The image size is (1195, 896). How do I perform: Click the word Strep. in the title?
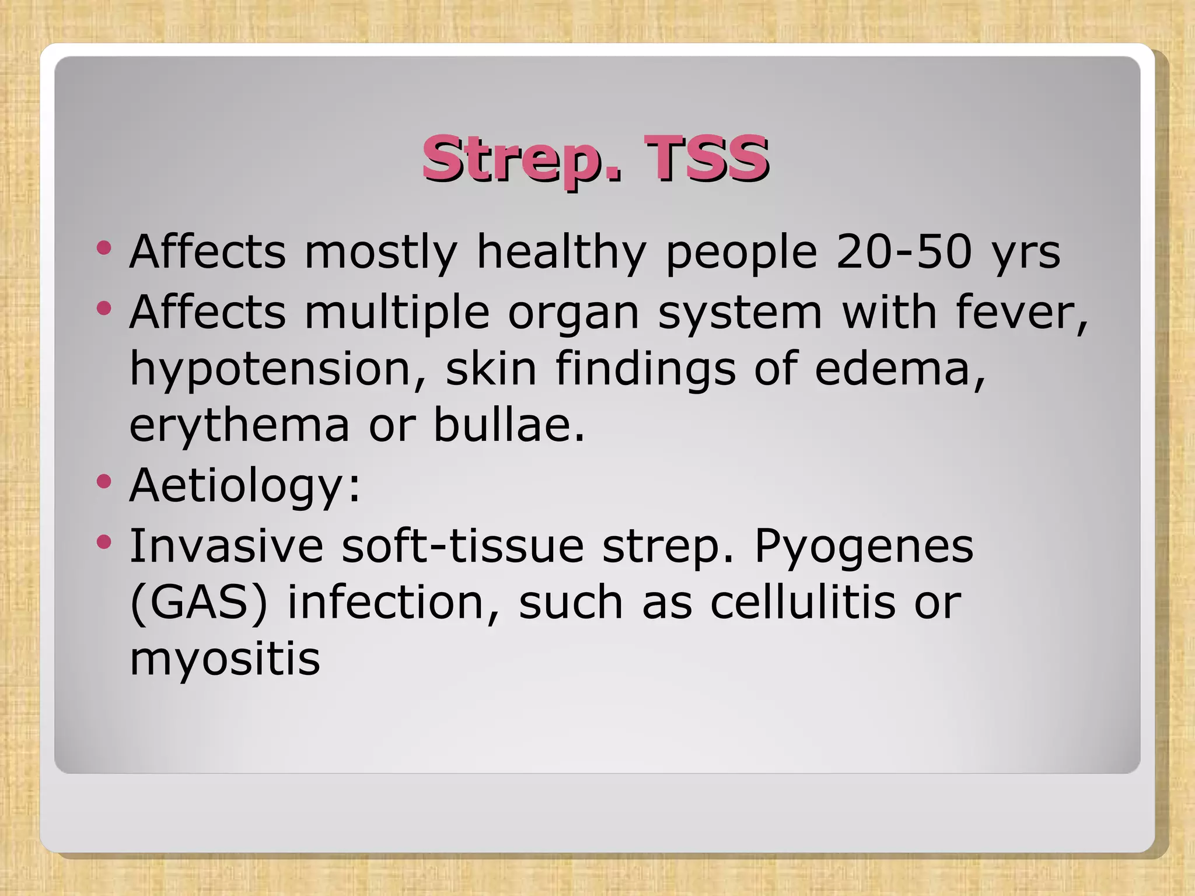coord(522,159)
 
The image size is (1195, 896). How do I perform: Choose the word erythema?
coord(239,426)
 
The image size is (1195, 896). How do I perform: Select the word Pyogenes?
coord(864,547)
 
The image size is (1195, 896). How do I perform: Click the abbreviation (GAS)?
coord(198,603)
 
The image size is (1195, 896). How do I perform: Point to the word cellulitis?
coord(802,602)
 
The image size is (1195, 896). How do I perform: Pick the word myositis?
coord(225,659)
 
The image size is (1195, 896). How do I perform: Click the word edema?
coord(899,369)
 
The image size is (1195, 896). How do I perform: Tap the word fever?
coord(1021,313)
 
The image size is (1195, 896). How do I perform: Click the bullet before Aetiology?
coord(104,482)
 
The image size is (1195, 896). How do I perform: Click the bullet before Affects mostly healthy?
coord(104,249)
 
